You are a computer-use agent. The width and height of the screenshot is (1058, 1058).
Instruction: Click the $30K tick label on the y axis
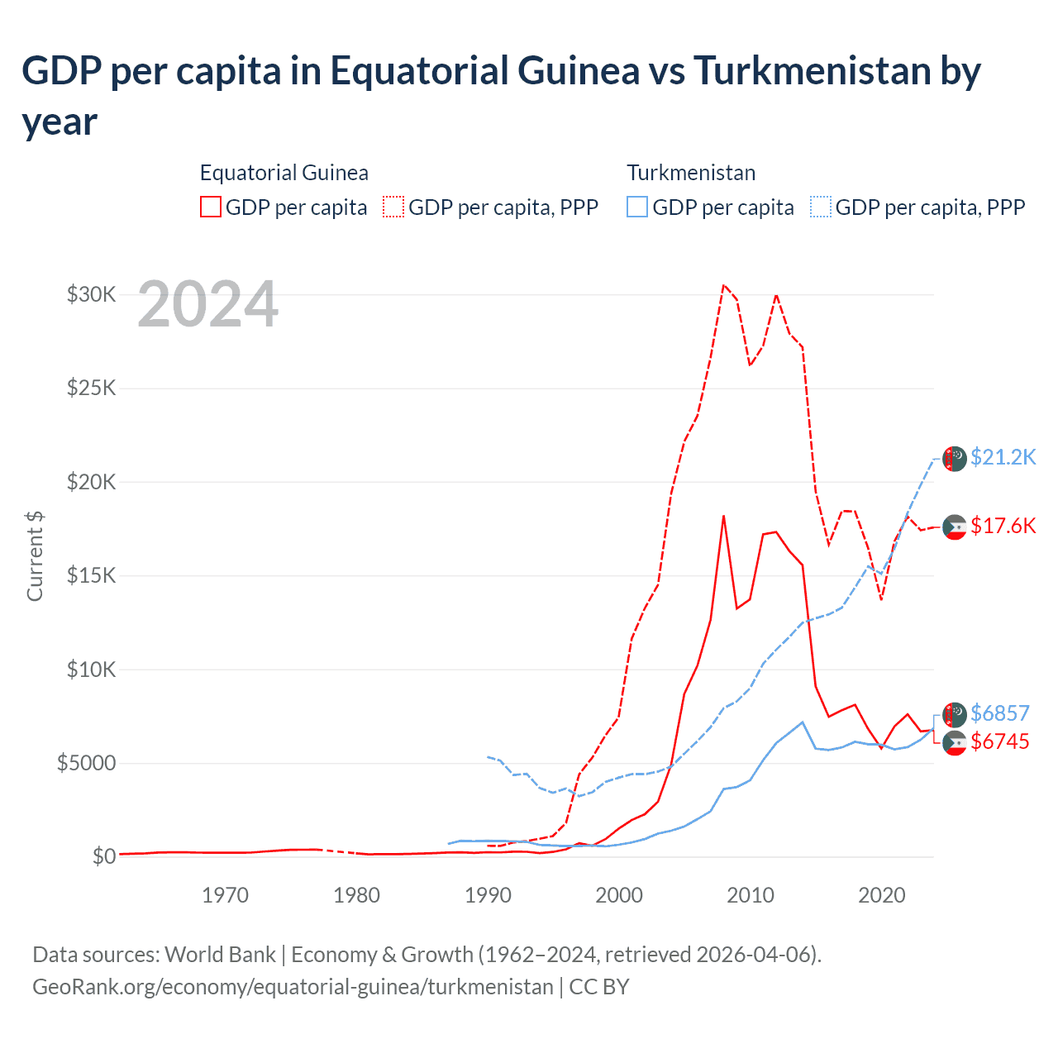tap(91, 294)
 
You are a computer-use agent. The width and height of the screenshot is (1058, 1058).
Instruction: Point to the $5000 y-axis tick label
tap(86, 763)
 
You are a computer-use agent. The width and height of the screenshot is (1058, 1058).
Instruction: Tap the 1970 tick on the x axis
tap(225, 895)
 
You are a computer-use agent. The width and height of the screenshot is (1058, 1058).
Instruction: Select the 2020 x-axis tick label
tap(881, 895)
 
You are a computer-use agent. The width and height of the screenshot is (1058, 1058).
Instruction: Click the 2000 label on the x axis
tap(619, 895)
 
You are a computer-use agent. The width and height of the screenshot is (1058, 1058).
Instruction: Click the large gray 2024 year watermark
tap(207, 305)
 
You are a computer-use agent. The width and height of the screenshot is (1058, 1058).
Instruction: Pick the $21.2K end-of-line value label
tap(1003, 457)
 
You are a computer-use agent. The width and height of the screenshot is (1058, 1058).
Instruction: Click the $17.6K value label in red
tap(1003, 526)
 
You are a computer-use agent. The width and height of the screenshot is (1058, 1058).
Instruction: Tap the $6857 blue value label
tap(999, 713)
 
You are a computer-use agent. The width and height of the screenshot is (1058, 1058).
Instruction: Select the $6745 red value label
tap(999, 741)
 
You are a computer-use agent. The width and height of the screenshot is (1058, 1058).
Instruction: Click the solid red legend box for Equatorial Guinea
tap(211, 207)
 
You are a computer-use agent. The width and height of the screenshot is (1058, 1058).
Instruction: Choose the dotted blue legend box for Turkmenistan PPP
tap(821, 207)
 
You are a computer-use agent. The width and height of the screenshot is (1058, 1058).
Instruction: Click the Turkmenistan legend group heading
tap(691, 173)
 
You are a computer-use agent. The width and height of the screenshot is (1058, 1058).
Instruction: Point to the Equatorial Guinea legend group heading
tap(284, 173)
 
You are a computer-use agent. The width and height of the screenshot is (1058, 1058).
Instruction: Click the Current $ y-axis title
tap(35, 555)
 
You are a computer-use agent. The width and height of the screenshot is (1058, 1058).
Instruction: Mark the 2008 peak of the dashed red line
tap(723, 285)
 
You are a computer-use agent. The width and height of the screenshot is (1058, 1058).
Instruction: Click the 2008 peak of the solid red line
tap(723, 516)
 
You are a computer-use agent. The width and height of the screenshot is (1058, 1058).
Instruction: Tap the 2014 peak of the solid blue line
tap(802, 722)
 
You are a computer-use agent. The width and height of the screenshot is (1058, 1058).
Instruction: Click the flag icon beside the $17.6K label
tap(955, 527)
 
